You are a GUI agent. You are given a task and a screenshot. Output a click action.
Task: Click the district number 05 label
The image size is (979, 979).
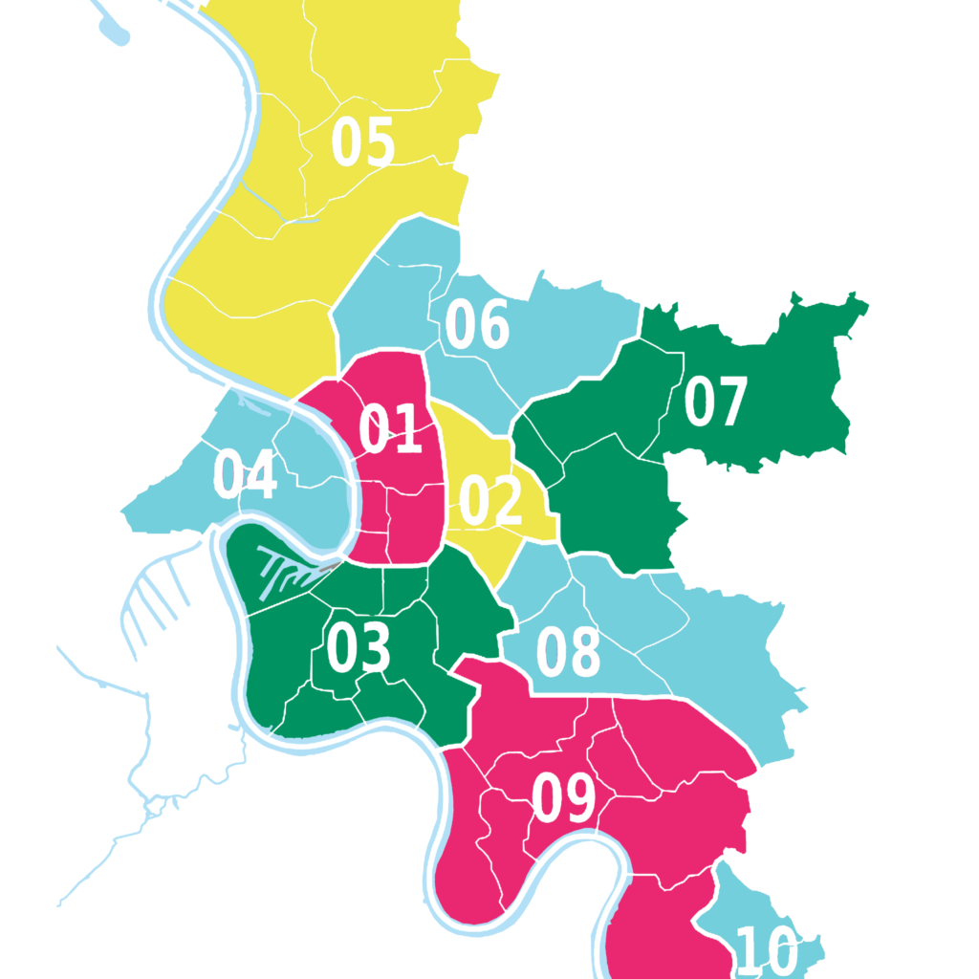[x=362, y=142]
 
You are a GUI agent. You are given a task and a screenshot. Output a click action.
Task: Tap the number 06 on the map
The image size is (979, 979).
[x=476, y=325]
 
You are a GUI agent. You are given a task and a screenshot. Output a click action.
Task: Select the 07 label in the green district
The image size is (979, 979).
[x=714, y=402]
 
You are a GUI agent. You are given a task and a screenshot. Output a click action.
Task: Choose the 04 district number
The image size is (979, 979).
[x=245, y=475]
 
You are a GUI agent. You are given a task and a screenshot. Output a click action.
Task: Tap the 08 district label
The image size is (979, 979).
[x=568, y=654]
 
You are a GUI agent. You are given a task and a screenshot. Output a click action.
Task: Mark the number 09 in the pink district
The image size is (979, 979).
[x=563, y=798]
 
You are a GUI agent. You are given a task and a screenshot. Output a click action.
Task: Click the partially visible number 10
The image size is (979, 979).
[x=767, y=953]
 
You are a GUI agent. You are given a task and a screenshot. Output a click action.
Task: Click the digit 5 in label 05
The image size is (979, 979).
[x=379, y=142]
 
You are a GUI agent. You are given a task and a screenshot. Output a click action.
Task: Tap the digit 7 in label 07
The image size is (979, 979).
[x=729, y=402]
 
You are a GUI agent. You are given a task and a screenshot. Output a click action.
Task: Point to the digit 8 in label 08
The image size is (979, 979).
[x=584, y=654]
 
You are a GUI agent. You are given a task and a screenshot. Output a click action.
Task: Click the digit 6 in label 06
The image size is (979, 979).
[x=492, y=325]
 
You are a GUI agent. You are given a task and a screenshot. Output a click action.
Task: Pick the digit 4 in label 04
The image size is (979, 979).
[x=261, y=475]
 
